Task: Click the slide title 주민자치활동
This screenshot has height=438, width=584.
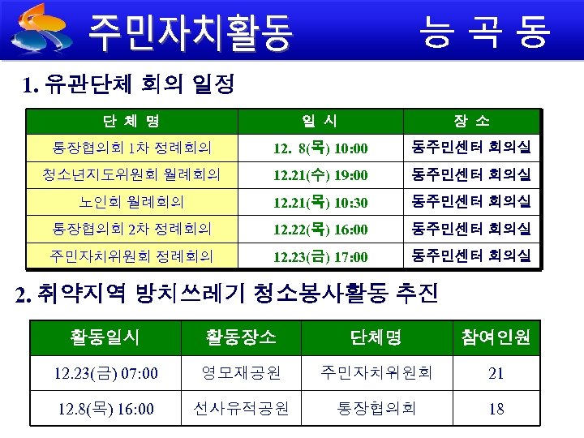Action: [x=190, y=31]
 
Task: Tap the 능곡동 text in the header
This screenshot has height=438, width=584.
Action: [x=483, y=31]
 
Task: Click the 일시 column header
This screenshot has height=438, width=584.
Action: [x=320, y=122]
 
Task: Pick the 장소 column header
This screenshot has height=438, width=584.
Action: [x=471, y=122]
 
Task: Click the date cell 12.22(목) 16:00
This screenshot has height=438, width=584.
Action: [x=320, y=230]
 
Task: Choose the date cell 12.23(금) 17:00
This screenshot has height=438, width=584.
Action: [x=320, y=257]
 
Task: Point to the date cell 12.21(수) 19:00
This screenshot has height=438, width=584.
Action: [x=320, y=174]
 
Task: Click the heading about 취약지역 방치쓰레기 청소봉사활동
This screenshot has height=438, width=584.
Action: [x=227, y=293]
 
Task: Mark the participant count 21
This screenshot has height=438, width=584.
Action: [x=496, y=373]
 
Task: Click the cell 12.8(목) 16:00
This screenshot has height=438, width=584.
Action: [x=105, y=408]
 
